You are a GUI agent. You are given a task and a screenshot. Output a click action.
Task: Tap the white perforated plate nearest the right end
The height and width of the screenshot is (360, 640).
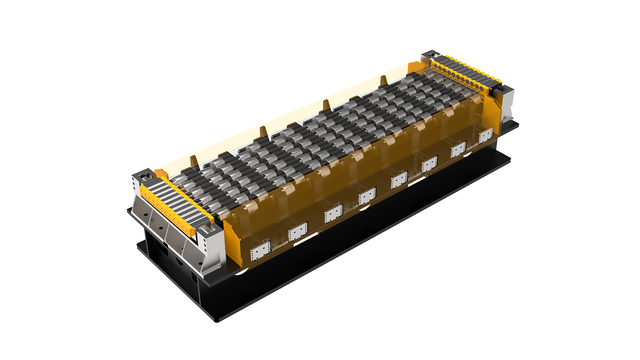coord(486,136)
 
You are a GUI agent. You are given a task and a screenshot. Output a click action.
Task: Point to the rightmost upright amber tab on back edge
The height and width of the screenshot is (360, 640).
coord(383,81)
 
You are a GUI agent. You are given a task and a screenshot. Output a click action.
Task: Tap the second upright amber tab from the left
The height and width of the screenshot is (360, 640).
coord(263,132)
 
